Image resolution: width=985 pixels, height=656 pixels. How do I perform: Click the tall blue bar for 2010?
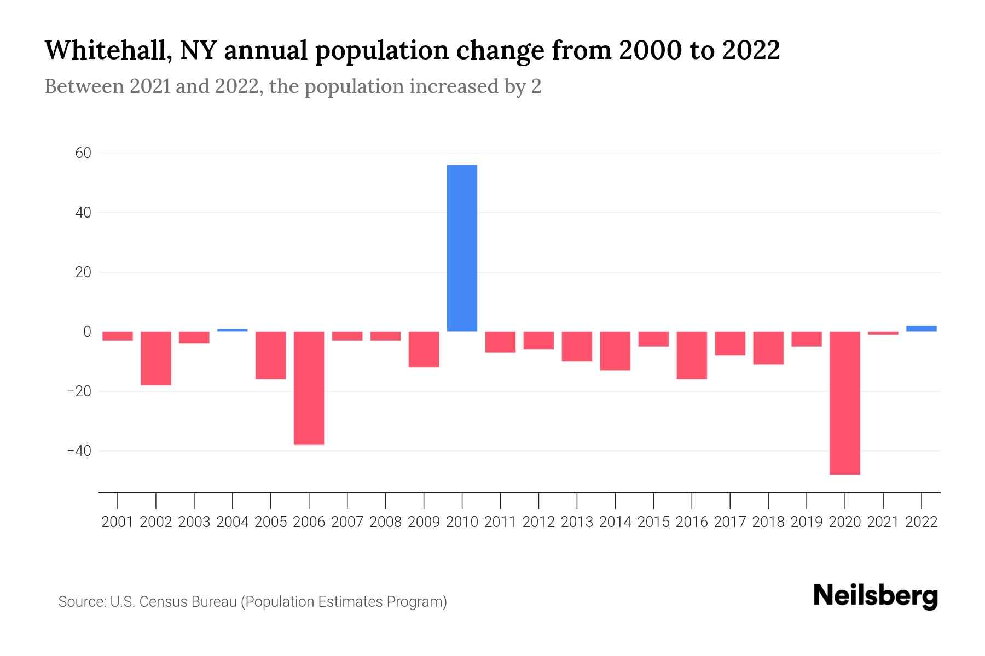[x=462, y=248]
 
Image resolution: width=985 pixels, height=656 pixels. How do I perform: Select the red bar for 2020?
[x=845, y=403]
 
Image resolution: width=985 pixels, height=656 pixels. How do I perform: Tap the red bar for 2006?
[x=309, y=388]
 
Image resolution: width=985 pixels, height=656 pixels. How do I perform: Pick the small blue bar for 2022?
[x=922, y=329]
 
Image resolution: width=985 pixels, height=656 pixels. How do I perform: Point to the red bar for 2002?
[x=156, y=359]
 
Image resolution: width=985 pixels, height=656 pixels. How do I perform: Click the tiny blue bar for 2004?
[x=233, y=330]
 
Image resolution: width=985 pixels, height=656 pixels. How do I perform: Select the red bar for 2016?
[x=692, y=355]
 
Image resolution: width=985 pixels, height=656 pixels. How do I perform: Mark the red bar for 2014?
[x=615, y=351]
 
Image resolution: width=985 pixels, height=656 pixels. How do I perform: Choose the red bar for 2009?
[x=424, y=349]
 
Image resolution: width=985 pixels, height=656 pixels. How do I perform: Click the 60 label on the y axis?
[x=83, y=153]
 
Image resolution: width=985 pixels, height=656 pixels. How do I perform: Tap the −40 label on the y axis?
[x=79, y=452]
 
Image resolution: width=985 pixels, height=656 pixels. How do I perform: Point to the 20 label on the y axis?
[x=83, y=272]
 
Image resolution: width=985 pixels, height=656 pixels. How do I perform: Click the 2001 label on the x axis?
[x=118, y=522]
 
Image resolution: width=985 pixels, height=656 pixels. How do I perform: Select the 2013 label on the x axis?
[x=577, y=522]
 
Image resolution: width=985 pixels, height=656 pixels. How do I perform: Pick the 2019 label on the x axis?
[x=807, y=522]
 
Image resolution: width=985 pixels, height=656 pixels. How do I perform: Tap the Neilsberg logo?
[x=876, y=596]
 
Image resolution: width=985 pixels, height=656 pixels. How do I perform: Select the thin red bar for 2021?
[x=883, y=333]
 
